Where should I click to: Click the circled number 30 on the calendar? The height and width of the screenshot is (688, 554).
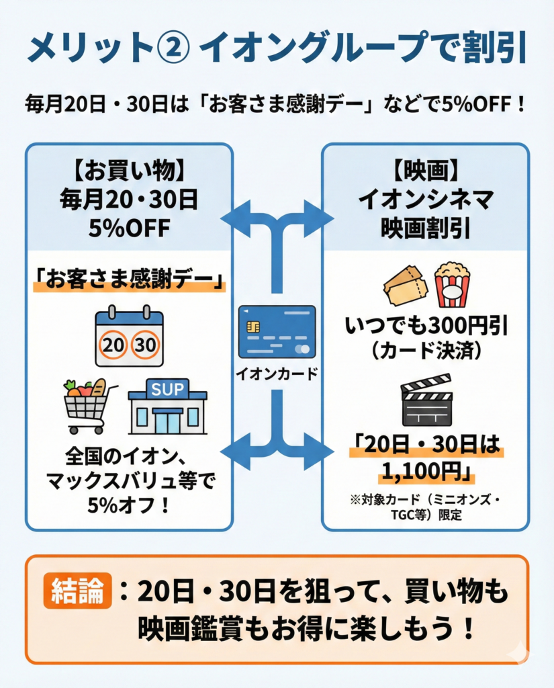(145, 345)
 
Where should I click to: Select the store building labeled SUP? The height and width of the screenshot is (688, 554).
(167, 406)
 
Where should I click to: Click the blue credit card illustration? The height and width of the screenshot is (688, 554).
(277, 332)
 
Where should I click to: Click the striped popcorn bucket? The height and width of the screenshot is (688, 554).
(452, 284)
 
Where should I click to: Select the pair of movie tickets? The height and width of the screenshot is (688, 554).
(406, 286)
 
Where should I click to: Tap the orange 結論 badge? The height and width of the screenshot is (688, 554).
(77, 592)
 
